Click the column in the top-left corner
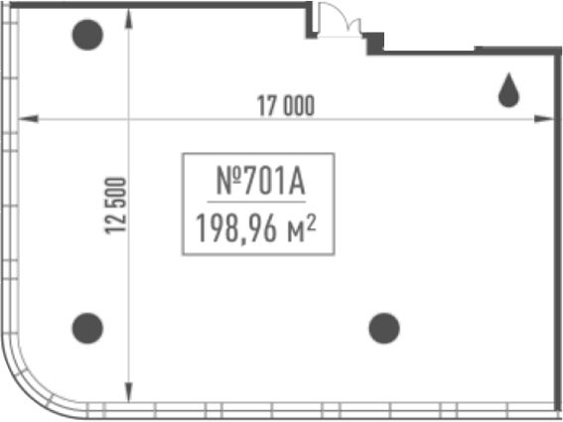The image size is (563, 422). tap(87, 35)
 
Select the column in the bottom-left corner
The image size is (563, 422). tap(87, 329)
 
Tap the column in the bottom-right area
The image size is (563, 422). tap(384, 329)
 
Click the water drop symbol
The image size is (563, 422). tap(508, 90)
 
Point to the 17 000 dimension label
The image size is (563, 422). tap(286, 105)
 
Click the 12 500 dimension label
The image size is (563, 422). tap(115, 206)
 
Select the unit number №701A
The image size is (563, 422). tap(261, 182)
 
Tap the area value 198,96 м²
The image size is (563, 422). tap(256, 228)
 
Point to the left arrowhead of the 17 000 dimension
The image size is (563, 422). tap(29, 118)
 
